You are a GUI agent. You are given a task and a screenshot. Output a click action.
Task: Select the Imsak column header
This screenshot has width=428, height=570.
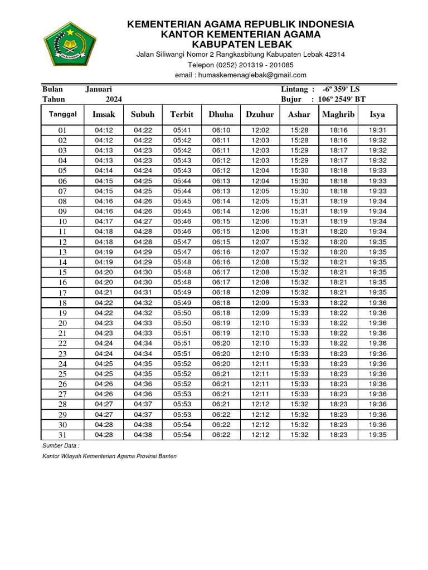(x=104, y=114)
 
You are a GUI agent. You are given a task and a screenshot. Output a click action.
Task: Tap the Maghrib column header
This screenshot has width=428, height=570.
(x=338, y=114)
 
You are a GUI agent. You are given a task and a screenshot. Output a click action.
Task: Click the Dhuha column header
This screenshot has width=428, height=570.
(x=221, y=114)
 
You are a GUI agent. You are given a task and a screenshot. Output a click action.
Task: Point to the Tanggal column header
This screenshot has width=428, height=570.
(x=63, y=114)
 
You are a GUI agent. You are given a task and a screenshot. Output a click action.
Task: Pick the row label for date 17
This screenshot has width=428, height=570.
(x=63, y=293)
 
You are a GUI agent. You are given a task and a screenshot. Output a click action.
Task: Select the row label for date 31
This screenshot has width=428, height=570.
(x=63, y=435)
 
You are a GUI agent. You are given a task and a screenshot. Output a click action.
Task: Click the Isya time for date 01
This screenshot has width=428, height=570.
(x=377, y=130)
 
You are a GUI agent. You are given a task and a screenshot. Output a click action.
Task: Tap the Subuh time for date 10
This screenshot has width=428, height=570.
(x=143, y=222)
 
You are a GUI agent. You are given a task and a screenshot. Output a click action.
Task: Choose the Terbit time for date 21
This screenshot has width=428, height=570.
(x=182, y=333)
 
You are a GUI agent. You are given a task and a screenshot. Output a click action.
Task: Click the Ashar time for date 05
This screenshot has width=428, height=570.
(x=299, y=170)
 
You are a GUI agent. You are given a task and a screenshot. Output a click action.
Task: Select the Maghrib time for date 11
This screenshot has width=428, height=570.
(x=338, y=231)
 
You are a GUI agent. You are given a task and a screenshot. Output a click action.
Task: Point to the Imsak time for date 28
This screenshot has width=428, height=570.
(x=104, y=404)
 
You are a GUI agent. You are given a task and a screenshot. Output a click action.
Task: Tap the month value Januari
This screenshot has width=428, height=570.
(x=99, y=89)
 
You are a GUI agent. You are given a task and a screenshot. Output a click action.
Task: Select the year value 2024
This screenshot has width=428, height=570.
(x=114, y=99)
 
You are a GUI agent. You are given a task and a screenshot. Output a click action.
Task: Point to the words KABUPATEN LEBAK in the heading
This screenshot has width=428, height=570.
(x=241, y=43)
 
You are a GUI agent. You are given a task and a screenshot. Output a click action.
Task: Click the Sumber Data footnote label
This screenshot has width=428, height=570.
(x=61, y=446)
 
